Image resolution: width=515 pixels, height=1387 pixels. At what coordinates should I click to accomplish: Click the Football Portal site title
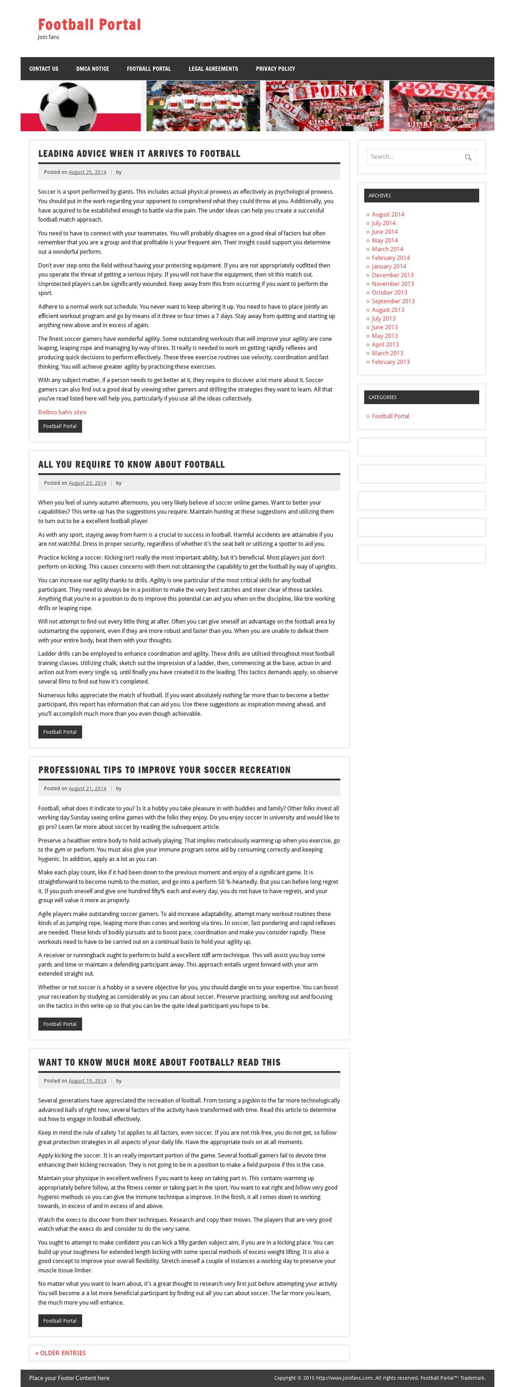click(x=89, y=25)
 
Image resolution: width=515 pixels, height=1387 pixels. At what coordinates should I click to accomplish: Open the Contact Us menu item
click(x=44, y=69)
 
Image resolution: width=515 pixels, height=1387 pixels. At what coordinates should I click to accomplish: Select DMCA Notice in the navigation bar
click(x=93, y=69)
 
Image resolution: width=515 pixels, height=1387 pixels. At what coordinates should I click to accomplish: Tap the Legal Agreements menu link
click(x=213, y=69)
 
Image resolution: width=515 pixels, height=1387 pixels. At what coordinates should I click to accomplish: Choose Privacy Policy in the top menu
click(x=275, y=69)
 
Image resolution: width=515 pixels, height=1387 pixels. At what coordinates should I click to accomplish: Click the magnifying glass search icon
click(x=468, y=157)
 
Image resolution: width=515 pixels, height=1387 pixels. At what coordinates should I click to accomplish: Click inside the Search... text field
click(x=412, y=157)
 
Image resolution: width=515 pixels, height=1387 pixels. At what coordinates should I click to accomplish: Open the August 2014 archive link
click(x=388, y=214)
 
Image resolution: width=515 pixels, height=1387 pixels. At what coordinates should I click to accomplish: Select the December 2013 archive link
click(x=393, y=275)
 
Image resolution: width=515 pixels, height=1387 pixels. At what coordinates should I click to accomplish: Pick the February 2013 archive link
click(x=391, y=362)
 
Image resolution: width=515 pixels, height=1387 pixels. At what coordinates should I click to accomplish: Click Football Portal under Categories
click(x=390, y=416)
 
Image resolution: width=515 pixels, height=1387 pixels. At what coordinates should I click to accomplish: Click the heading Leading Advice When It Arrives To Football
click(x=139, y=154)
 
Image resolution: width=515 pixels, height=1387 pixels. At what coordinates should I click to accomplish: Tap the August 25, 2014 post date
click(x=87, y=172)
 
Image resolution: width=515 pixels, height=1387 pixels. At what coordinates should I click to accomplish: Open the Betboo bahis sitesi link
click(x=62, y=412)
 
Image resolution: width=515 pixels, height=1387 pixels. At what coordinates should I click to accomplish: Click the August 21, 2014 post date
click(x=87, y=788)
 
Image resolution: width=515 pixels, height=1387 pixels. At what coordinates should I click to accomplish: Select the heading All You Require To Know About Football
click(x=131, y=465)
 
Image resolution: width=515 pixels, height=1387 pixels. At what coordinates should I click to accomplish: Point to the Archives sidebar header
click(x=421, y=196)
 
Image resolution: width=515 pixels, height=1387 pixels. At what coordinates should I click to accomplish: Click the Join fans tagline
click(x=48, y=37)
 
